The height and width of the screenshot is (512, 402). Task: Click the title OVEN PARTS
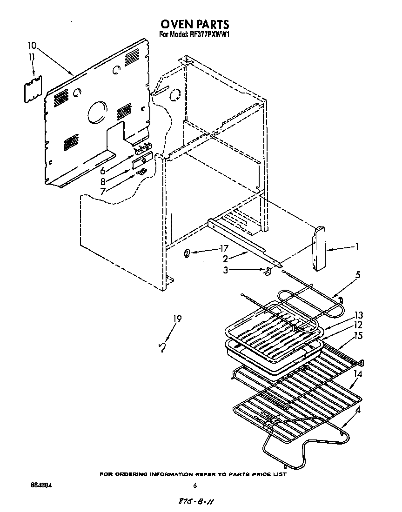(195, 24)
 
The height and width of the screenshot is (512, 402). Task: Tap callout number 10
(32, 46)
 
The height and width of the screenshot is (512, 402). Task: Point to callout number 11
(32, 57)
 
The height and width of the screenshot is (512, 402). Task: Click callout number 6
(103, 171)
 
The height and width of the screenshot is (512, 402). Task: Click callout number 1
(356, 247)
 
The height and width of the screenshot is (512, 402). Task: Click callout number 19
(177, 319)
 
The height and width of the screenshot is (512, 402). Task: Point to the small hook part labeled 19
(162, 347)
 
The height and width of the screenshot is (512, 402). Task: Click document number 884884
(40, 485)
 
